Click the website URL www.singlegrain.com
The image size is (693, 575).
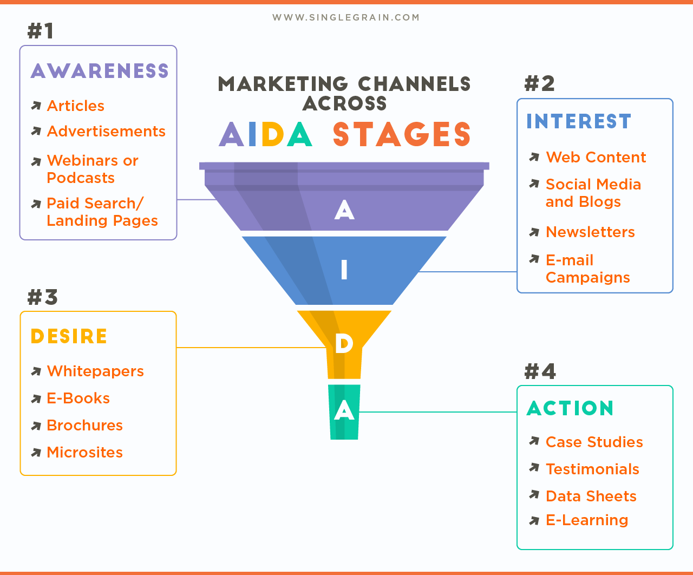(x=346, y=17)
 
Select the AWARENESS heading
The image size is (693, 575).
(x=100, y=71)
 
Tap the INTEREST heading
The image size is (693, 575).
(x=579, y=121)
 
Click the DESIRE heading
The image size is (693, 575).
(x=69, y=336)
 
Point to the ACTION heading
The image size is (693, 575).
(x=570, y=408)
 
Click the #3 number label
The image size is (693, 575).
(x=42, y=297)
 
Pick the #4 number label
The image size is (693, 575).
(x=540, y=371)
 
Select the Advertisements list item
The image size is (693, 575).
(x=106, y=131)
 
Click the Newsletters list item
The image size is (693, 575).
(x=590, y=232)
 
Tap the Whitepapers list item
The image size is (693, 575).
(x=95, y=371)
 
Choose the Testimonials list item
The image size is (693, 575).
(x=592, y=469)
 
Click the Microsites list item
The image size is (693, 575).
(x=84, y=452)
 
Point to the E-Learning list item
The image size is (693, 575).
(x=587, y=520)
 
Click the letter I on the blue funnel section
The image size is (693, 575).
(x=344, y=270)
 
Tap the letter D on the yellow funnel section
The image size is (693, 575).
(x=344, y=343)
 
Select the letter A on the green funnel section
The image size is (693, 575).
(x=344, y=411)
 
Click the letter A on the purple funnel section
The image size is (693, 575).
(x=344, y=210)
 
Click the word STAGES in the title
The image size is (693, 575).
(x=401, y=135)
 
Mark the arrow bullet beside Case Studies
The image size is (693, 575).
(x=534, y=441)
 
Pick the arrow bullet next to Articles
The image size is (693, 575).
(x=36, y=106)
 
